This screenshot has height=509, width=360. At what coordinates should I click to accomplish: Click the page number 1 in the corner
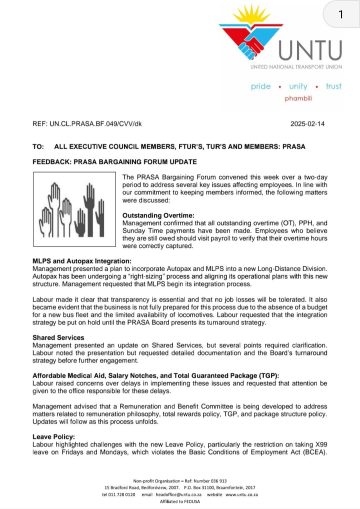point(340,18)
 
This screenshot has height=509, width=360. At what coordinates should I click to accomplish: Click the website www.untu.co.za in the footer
point(251,493)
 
